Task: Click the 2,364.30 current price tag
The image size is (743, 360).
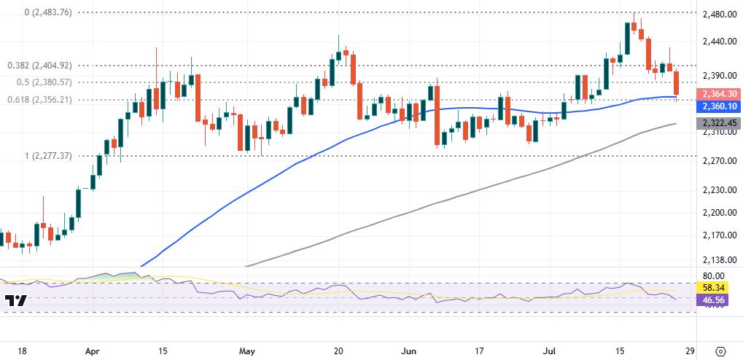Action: [719, 94]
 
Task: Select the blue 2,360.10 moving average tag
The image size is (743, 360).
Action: [719, 106]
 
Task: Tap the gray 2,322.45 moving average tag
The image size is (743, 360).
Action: [719, 123]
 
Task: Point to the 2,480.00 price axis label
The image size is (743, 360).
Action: [718, 14]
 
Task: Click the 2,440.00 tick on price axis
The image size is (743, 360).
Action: [718, 42]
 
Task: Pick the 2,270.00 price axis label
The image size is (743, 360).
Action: [718, 160]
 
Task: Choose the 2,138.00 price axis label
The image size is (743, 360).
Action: [718, 260]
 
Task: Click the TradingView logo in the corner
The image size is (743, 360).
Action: [16, 300]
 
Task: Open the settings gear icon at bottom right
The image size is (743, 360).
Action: [721, 350]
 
